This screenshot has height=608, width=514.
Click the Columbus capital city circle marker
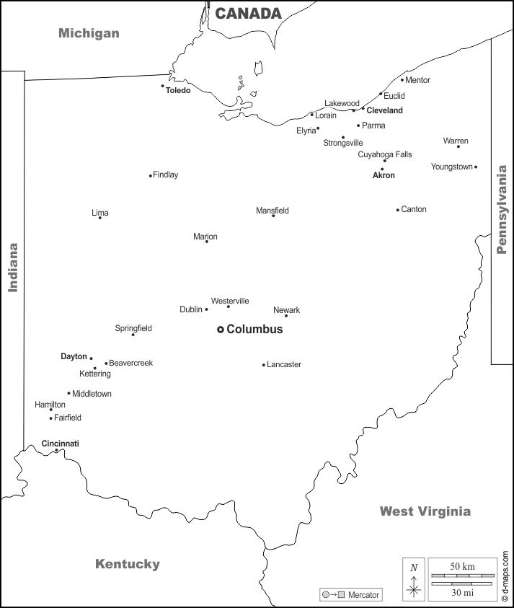(221, 330)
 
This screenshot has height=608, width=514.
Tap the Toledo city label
(178, 91)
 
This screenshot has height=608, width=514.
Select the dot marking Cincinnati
(57, 451)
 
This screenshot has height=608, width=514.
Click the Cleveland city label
(384, 111)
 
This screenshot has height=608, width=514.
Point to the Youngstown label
(451, 167)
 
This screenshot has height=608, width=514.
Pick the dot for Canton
(397, 210)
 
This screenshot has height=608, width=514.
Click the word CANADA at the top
(248, 14)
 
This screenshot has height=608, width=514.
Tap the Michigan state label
(89, 33)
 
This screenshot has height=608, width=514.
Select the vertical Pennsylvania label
(502, 210)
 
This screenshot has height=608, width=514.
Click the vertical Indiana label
(13, 268)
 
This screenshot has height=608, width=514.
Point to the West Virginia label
(425, 511)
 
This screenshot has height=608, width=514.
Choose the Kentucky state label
(128, 564)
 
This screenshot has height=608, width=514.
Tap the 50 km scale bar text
(461, 566)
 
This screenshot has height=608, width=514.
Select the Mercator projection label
(363, 595)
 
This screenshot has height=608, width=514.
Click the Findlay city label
(166, 175)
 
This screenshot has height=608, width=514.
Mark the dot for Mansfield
(273, 216)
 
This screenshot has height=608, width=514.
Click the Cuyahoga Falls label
(385, 154)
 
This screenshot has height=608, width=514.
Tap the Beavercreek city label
(130, 364)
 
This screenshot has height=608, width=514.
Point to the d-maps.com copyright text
(505, 576)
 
